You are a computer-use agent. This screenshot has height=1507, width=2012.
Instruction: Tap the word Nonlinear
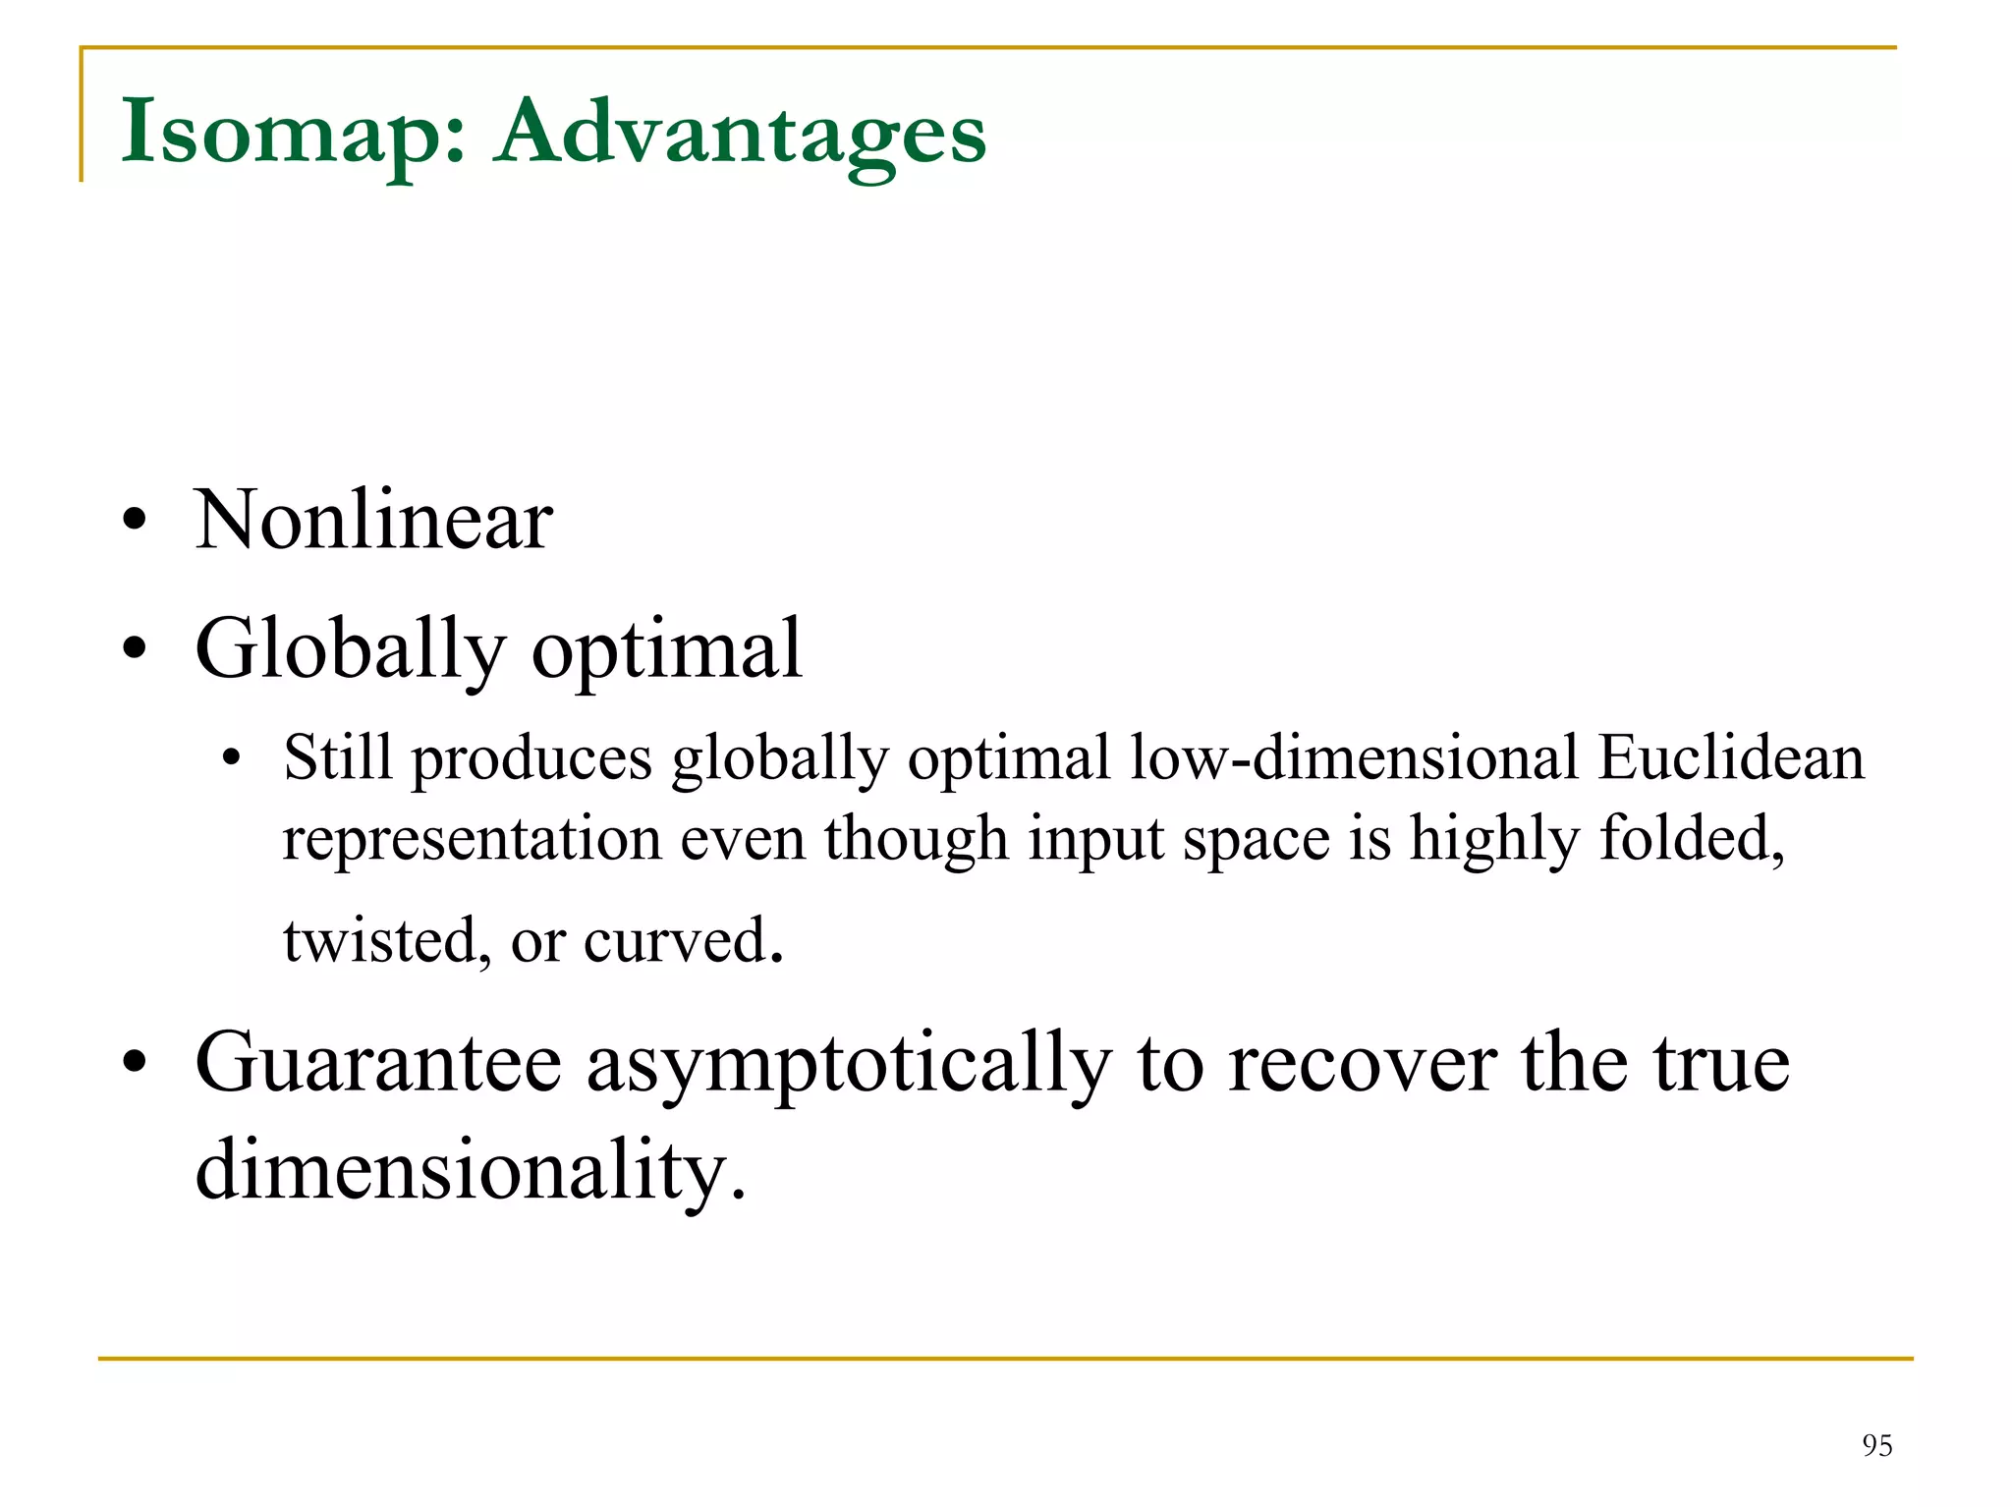pos(373,520)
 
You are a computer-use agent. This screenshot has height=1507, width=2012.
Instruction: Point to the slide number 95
pos(1876,1445)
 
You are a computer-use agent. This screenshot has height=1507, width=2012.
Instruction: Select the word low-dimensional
pos(1355,758)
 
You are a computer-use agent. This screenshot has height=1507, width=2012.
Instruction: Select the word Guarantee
pos(378,1063)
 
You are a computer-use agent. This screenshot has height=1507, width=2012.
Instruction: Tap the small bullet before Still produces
pos(231,758)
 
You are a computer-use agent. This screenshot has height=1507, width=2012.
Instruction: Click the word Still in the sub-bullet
pos(337,758)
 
